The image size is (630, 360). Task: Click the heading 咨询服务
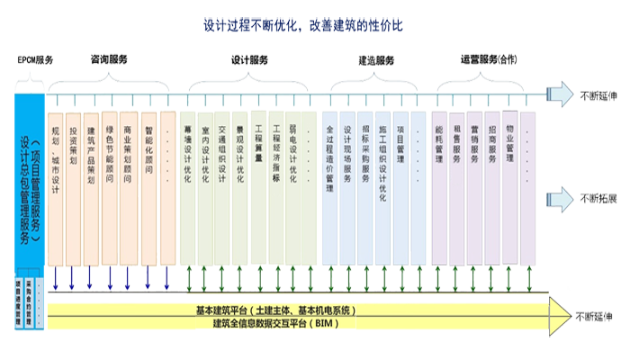click(x=109, y=58)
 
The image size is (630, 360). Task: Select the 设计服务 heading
click(x=249, y=59)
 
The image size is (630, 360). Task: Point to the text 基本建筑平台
click(x=224, y=310)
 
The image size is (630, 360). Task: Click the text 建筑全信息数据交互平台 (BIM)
click(x=261, y=322)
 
